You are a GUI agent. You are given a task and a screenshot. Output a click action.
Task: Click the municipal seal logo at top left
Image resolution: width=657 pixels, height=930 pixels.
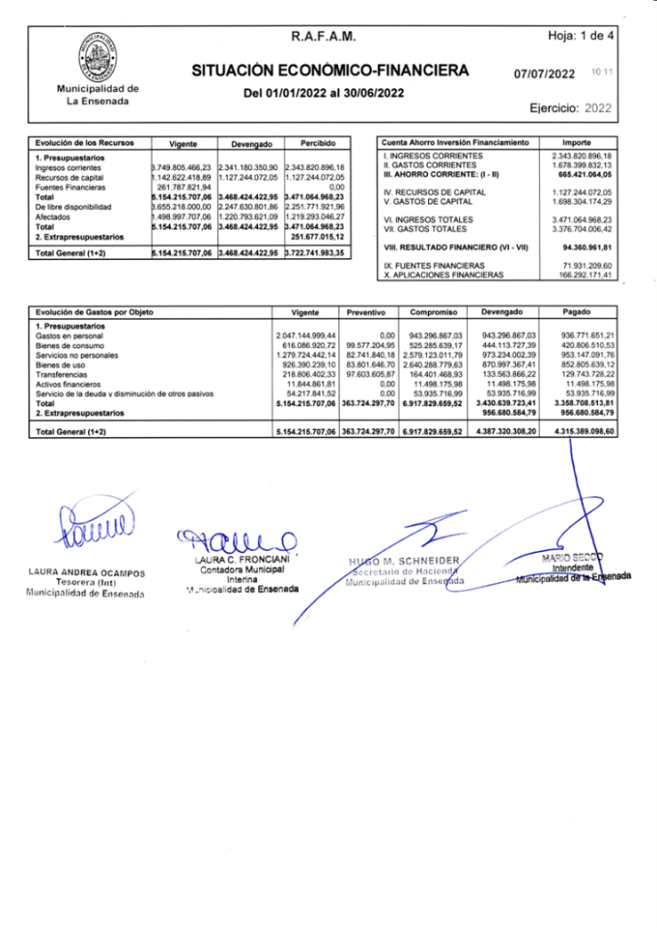(97, 56)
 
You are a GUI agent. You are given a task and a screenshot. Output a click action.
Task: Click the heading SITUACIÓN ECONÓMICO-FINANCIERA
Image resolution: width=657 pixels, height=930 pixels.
(330, 71)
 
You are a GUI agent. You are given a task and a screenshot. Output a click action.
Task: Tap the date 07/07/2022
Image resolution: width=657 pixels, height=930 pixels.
(544, 74)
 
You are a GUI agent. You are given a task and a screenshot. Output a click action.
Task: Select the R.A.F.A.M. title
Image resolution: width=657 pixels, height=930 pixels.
(323, 37)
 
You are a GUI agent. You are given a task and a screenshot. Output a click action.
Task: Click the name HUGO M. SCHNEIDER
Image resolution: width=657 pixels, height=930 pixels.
(409, 559)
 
